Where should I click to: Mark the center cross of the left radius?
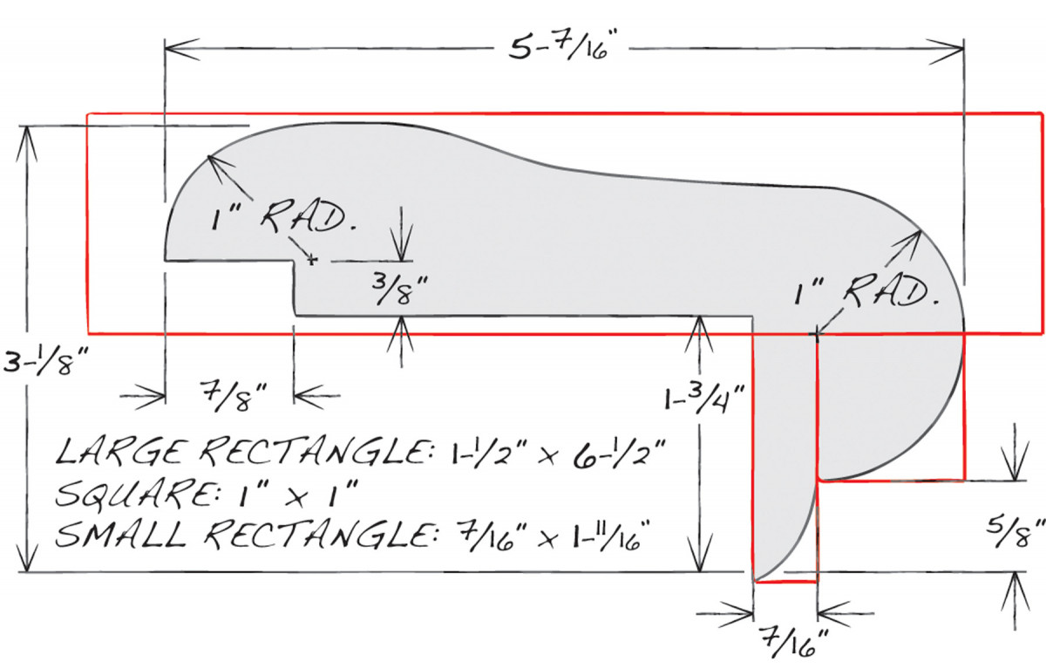point(311,259)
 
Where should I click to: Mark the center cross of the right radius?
point(816,332)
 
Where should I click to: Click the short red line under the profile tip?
point(784,581)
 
